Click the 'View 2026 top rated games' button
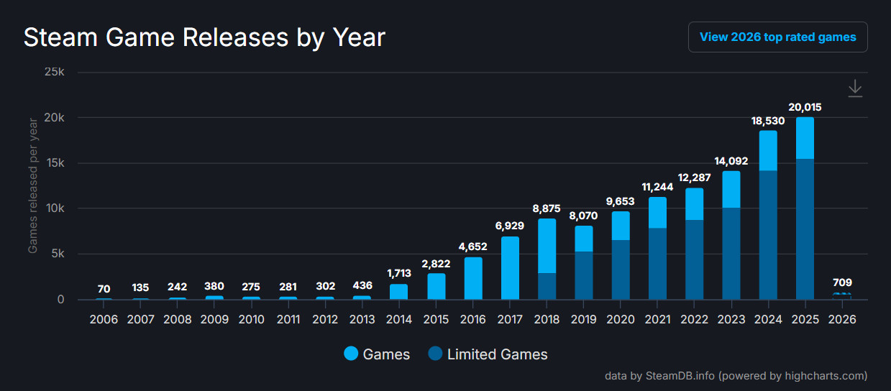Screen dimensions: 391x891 777,37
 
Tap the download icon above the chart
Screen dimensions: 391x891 854,88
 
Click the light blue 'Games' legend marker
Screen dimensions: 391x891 351,354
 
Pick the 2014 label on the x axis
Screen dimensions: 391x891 398,319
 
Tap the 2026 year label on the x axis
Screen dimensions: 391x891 841,319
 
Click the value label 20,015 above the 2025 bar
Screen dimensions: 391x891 805,107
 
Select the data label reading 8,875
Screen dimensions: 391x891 547,208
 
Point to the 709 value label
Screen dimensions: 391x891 841,282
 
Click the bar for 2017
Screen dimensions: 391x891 510,267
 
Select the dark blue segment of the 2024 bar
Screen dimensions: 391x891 768,234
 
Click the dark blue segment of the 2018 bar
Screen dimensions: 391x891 547,286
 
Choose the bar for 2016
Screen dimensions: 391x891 473,278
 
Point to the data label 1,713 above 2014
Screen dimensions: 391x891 398,273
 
